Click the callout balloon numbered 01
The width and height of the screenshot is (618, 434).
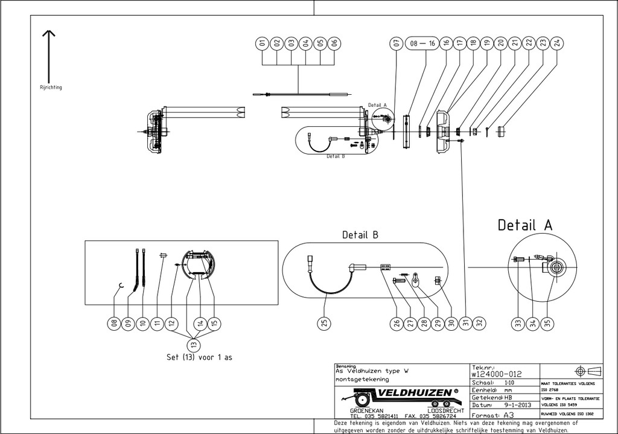pyautogui.click(x=263, y=43)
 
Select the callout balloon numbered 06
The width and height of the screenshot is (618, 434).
pyautogui.click(x=335, y=43)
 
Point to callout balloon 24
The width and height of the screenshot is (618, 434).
pyautogui.click(x=557, y=43)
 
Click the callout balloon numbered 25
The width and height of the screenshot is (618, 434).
pyautogui.click(x=325, y=324)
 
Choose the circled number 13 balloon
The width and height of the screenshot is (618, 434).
pyautogui.click(x=193, y=344)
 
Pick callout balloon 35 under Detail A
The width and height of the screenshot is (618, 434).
pyautogui.click(x=547, y=324)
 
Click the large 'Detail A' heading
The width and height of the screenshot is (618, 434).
pyautogui.click(x=524, y=225)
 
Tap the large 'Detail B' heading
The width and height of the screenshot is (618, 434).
pyautogui.click(x=360, y=235)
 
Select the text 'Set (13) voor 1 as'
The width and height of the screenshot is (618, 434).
pyautogui.click(x=199, y=357)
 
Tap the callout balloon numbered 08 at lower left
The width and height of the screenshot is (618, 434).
pyautogui.click(x=113, y=324)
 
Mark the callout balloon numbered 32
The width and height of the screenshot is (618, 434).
pyautogui.click(x=480, y=324)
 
